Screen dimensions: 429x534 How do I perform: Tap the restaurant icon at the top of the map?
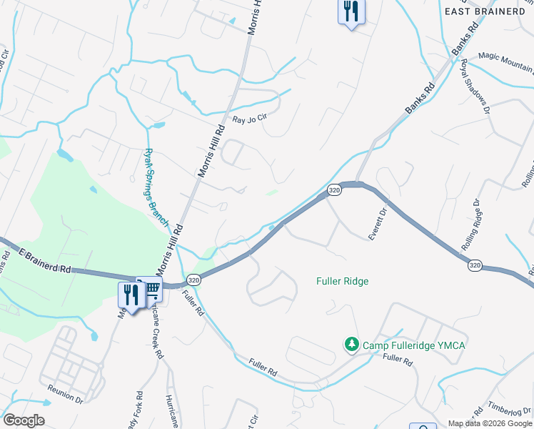pyautogui.click(x=351, y=12)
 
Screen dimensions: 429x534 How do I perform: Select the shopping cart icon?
pyautogui.click(x=151, y=290)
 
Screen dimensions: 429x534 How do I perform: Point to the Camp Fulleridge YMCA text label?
pyautogui.click(x=414, y=346)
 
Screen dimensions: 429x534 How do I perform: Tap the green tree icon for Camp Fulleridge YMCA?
pyautogui.click(x=351, y=345)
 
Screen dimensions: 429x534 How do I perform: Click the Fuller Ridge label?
pyautogui.click(x=342, y=281)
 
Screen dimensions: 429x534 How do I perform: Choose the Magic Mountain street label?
pyautogui.click(x=505, y=61)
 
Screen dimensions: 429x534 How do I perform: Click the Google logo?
pyautogui.click(x=24, y=420)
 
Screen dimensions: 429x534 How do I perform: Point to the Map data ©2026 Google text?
pyautogui.click(x=490, y=423)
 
